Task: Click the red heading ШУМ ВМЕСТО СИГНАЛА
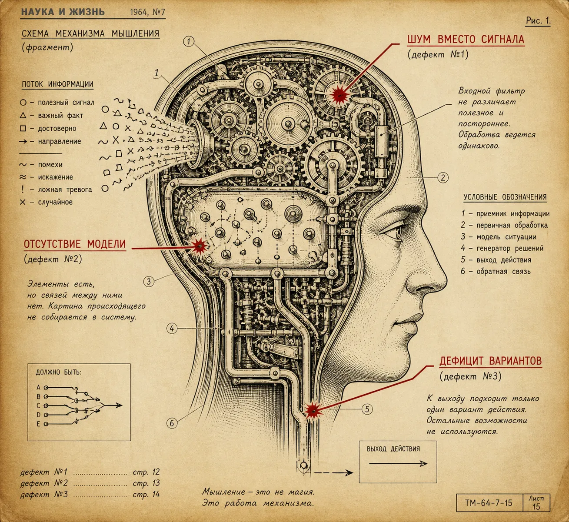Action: pos(466,39)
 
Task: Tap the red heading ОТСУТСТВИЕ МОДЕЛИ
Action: pos(75,244)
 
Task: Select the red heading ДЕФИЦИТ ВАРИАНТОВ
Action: pos(491,361)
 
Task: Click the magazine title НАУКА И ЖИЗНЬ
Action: pos(63,12)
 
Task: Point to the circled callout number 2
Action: pos(443,178)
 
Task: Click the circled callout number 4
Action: pos(172,329)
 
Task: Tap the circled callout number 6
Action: pos(172,423)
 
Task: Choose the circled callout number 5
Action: pos(367,409)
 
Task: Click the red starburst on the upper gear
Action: pos(339,94)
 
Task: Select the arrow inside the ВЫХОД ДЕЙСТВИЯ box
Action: pos(398,464)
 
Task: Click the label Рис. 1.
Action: pos(538,21)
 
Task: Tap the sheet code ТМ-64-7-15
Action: pos(489,503)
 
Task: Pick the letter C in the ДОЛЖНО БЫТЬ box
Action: pos(39,406)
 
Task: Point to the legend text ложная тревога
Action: pos(65,190)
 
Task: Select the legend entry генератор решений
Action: pos(510,248)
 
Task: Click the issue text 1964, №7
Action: pos(147,12)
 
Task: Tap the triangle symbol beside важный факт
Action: pos(23,115)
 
